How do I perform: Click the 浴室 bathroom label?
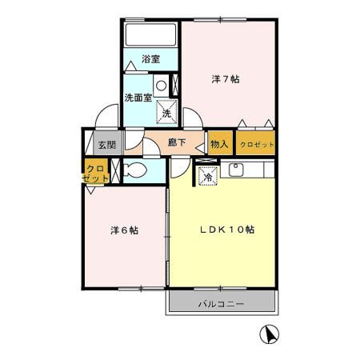click(150, 58)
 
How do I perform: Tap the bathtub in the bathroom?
click(150, 34)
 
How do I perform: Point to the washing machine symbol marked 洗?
click(166, 113)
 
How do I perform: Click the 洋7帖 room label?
click(226, 79)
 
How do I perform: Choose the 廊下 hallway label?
click(178, 144)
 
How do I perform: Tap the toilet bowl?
click(135, 170)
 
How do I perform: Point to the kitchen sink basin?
click(237, 170)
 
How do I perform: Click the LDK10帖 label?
click(226, 230)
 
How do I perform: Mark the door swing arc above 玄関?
click(106, 119)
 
